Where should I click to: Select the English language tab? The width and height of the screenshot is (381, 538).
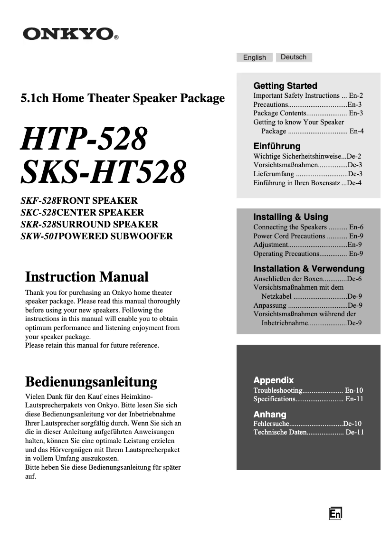point(255,57)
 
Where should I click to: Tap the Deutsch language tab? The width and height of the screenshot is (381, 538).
point(294,57)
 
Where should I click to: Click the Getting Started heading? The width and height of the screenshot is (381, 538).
point(285,86)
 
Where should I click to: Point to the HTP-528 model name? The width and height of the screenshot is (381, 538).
point(83,140)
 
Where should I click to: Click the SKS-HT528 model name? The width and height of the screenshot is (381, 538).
point(102,172)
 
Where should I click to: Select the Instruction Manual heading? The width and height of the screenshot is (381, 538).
point(86,277)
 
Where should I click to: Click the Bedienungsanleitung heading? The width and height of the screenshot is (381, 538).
point(91,382)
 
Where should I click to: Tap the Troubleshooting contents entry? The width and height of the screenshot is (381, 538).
point(278,390)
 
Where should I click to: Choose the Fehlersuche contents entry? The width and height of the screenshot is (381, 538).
point(271,423)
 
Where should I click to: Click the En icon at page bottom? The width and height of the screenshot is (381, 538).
point(335,513)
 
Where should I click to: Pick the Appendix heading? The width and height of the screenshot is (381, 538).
point(273,380)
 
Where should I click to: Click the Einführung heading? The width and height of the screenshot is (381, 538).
point(277,146)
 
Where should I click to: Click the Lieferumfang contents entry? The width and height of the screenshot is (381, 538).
point(274,174)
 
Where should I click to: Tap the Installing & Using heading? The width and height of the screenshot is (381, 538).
point(290,217)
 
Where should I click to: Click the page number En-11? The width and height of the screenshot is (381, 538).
point(354,399)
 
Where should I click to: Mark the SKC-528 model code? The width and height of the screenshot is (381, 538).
point(38,212)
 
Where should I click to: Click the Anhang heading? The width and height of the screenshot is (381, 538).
point(270,414)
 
